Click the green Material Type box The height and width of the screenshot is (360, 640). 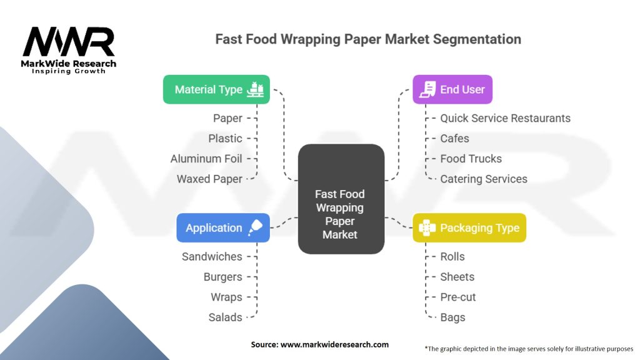[x=216, y=89]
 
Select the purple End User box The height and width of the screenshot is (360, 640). [x=452, y=89]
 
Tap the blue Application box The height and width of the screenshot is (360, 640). [x=223, y=227]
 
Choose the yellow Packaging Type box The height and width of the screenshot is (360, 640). [x=469, y=227]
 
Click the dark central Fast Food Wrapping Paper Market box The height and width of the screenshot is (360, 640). [x=341, y=199]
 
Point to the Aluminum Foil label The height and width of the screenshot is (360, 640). [x=206, y=159]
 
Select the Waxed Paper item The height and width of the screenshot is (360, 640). [x=209, y=179]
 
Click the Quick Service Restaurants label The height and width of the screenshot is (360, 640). [x=505, y=118]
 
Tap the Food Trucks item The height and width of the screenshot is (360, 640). [x=471, y=159]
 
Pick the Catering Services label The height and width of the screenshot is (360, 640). [x=483, y=179]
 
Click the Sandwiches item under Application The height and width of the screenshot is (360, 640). [x=212, y=256]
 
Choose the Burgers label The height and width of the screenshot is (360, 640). [x=222, y=277]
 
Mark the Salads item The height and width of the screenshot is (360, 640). [x=225, y=317]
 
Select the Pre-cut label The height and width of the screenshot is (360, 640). [x=457, y=297]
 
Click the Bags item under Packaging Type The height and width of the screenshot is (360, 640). [x=452, y=317]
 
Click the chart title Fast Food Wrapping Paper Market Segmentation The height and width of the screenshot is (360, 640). [x=368, y=39]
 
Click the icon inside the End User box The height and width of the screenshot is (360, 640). [x=427, y=89]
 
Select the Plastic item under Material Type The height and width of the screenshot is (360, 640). [x=225, y=138]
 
